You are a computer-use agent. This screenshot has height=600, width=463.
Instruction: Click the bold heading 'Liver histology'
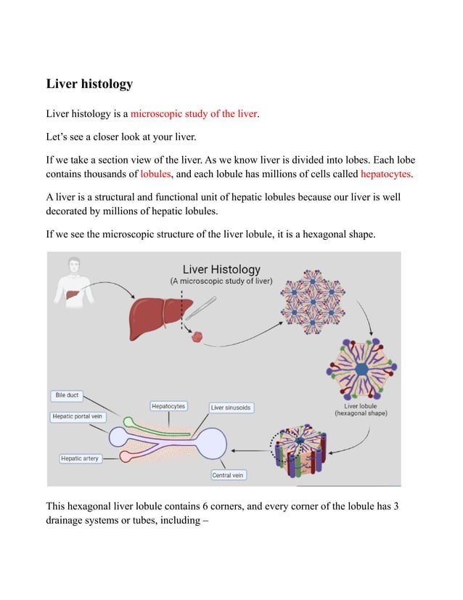tap(89, 84)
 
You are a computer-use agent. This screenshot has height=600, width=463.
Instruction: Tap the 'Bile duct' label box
tap(67, 395)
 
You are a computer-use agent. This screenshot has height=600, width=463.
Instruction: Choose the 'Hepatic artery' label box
tap(80, 458)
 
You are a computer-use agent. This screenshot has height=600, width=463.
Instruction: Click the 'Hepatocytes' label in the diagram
tap(168, 406)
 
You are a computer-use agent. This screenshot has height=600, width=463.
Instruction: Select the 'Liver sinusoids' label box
tap(231, 408)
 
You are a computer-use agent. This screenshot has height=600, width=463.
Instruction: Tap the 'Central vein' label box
tap(228, 475)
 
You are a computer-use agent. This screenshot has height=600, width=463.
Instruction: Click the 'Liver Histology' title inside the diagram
tap(221, 269)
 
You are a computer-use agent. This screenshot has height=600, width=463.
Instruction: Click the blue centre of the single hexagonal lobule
tap(361, 370)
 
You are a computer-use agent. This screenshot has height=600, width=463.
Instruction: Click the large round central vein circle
tap(210, 442)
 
